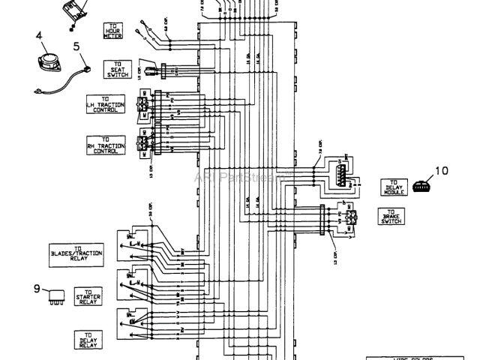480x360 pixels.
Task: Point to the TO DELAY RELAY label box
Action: point(88,340)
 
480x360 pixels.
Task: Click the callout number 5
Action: point(76,45)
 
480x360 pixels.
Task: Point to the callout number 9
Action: point(36,287)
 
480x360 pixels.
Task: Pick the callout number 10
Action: point(442,170)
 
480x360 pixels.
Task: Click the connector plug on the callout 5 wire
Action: point(86,70)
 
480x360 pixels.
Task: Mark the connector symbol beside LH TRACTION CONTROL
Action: point(143,106)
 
